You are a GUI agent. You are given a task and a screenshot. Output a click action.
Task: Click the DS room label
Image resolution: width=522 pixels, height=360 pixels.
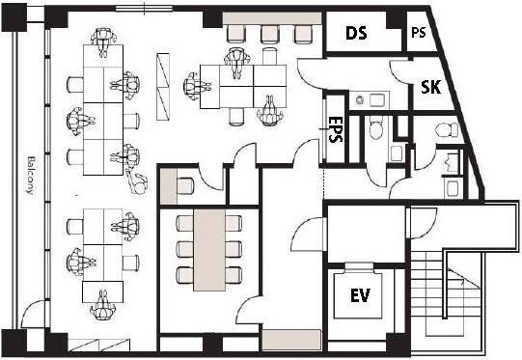(x=356, y=33)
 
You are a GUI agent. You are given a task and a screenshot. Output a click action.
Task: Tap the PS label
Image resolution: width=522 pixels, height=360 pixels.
(x=419, y=32)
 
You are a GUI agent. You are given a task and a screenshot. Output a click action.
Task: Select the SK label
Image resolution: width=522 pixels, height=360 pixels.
(x=430, y=87)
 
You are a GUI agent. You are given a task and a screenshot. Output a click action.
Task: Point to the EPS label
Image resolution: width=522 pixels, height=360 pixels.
(x=335, y=129)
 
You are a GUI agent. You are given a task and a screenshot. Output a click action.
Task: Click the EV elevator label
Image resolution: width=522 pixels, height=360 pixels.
(x=361, y=295)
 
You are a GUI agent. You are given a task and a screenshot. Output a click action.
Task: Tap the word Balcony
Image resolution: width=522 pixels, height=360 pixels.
(x=31, y=175)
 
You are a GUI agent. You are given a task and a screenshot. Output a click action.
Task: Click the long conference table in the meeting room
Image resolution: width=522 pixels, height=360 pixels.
(x=209, y=250)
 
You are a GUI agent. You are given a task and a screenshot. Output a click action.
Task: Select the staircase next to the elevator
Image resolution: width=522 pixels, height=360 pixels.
(x=446, y=293)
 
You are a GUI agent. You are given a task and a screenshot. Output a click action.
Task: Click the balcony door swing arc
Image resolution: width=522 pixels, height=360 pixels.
(x=31, y=306)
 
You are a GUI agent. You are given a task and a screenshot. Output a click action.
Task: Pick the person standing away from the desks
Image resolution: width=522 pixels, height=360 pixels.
(x=137, y=181)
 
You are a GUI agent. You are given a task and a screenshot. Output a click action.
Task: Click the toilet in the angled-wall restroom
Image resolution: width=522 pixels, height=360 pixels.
(x=447, y=130)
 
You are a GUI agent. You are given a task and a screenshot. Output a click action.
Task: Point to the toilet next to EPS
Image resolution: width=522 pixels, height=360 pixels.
(x=376, y=128)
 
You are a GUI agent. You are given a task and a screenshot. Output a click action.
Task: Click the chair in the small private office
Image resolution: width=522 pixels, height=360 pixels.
(x=185, y=186)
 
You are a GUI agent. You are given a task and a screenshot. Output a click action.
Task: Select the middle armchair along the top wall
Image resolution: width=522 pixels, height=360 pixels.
(x=269, y=35)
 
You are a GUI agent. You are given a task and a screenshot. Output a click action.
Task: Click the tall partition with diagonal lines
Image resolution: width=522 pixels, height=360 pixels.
(x=163, y=87)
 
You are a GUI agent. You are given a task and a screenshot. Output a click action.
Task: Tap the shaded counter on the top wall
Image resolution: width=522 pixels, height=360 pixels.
(x=272, y=18)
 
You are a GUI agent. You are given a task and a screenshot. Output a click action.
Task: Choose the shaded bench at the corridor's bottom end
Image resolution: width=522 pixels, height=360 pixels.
(x=291, y=340)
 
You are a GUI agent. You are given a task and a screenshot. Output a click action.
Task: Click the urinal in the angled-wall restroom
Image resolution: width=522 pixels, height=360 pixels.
(x=452, y=161)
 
